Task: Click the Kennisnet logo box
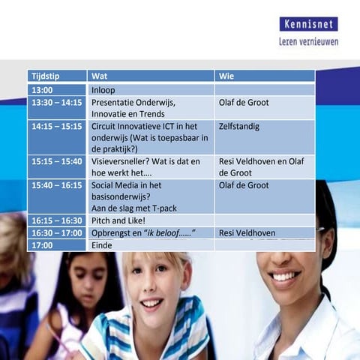pyautogui.click(x=308, y=24)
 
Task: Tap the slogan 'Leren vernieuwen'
pyautogui.click(x=308, y=41)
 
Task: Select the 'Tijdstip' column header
pyautogui.click(x=48, y=76)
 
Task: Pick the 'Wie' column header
pyautogui.click(x=226, y=76)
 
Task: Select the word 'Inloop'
pyautogui.click(x=103, y=90)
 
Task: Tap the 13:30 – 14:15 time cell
pyautogui.click(x=57, y=103)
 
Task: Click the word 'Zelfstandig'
pyautogui.click(x=239, y=126)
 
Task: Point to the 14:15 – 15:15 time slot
pyautogui.click(x=57, y=126)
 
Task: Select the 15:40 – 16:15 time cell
pyautogui.click(x=57, y=184)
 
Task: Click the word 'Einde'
pyautogui.click(x=101, y=245)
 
